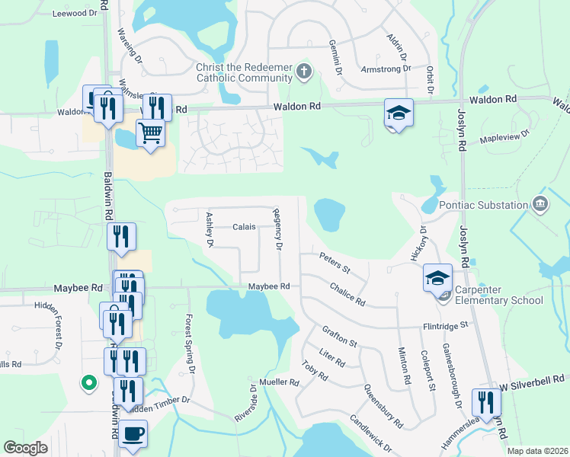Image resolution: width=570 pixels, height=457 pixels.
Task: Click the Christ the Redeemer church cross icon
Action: (x=304, y=72)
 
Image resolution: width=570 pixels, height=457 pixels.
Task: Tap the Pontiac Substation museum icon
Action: (x=540, y=205)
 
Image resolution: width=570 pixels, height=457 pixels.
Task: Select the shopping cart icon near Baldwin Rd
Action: (x=151, y=133)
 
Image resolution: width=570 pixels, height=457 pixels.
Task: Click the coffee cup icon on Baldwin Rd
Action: (x=133, y=433)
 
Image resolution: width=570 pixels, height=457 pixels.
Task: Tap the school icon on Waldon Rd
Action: (x=398, y=112)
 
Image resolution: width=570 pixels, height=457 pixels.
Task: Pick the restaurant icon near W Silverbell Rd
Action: (x=485, y=401)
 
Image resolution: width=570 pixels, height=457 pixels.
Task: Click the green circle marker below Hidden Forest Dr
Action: (x=89, y=383)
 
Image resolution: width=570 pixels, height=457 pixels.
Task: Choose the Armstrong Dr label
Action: (x=386, y=69)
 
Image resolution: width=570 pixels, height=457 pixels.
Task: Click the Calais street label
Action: (x=244, y=227)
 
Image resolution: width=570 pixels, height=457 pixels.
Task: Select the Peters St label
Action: (x=334, y=264)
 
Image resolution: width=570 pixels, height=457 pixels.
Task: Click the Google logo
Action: (x=26, y=448)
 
